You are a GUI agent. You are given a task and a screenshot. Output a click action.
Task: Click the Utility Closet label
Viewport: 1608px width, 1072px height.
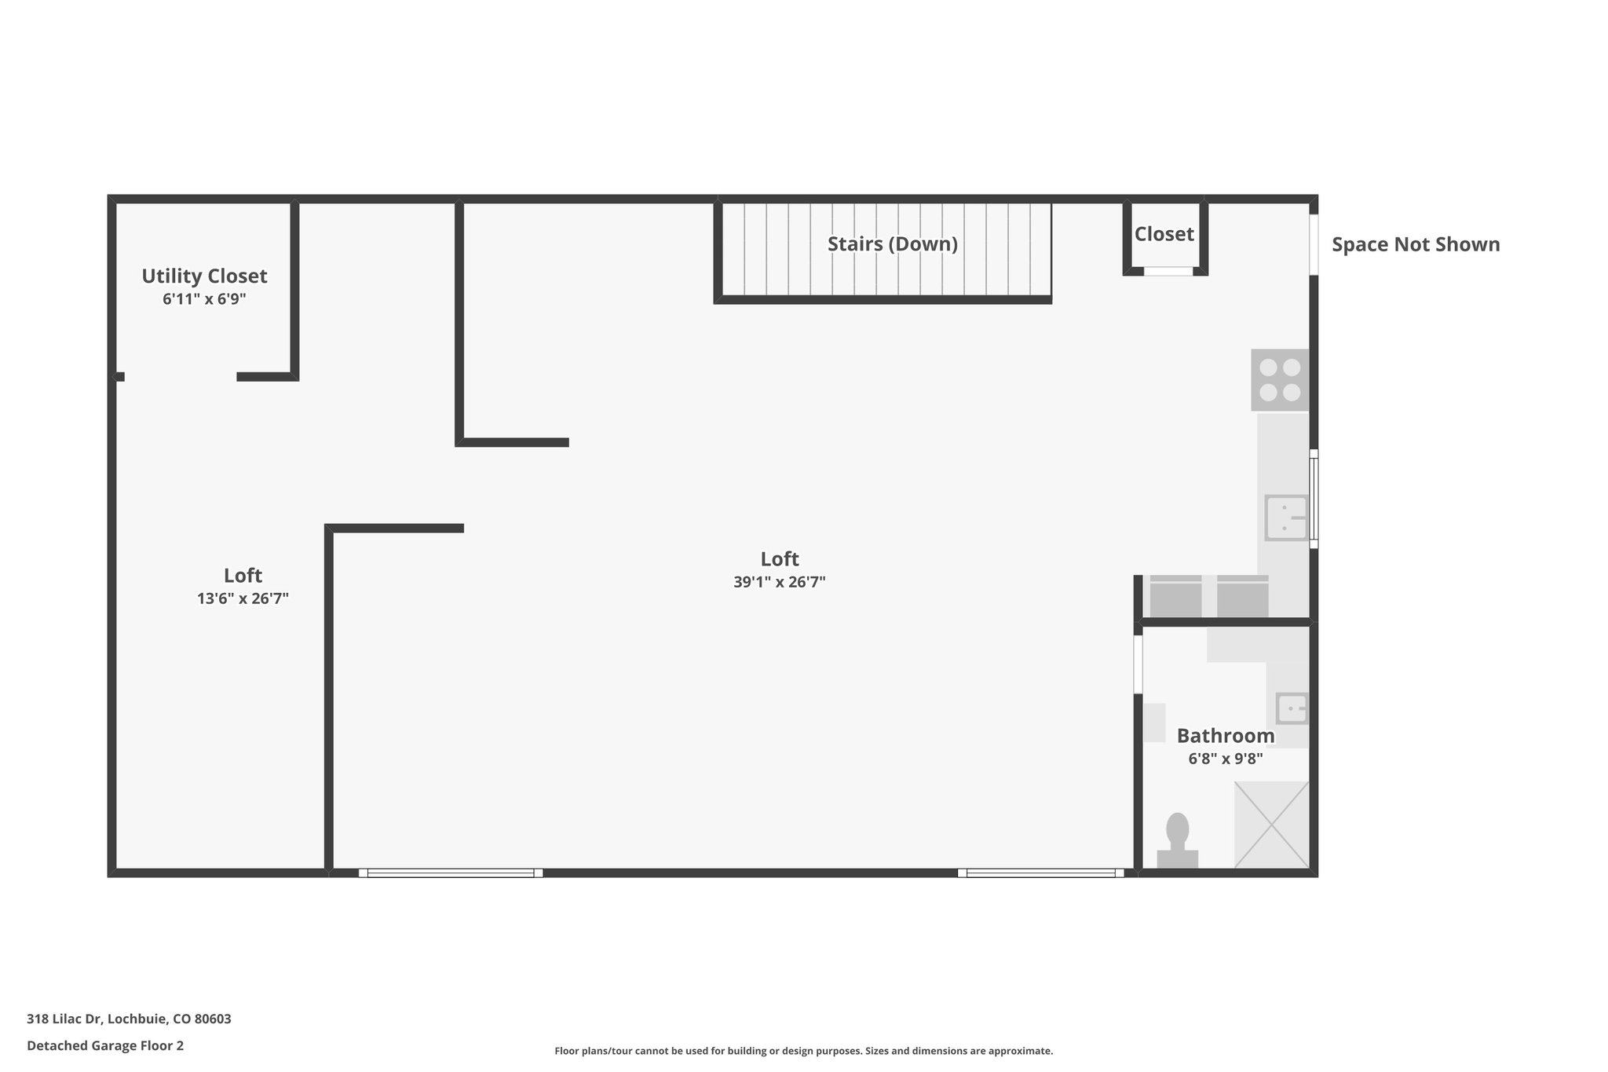click(x=204, y=276)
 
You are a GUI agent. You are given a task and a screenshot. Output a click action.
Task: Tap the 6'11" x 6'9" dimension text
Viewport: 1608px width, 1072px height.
click(x=204, y=299)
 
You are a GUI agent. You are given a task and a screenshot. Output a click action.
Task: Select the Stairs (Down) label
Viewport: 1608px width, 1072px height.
click(x=893, y=244)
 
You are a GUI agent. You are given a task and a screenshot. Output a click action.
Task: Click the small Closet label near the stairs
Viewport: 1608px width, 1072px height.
click(x=1164, y=234)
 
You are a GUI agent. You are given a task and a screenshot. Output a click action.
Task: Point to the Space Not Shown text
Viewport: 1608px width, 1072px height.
click(x=1416, y=245)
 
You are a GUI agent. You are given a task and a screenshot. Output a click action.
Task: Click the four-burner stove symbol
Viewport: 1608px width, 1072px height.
click(x=1280, y=379)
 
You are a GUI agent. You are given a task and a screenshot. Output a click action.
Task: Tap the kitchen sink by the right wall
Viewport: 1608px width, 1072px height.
click(x=1286, y=518)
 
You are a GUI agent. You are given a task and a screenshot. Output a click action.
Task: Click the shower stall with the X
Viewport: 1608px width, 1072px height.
click(x=1271, y=824)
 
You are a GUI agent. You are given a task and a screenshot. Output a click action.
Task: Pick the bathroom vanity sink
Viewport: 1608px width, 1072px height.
click(x=1292, y=708)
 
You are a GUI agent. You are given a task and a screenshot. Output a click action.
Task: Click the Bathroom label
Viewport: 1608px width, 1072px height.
click(x=1225, y=737)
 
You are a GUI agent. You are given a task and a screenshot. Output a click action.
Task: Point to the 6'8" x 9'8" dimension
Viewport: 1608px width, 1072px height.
click(x=1225, y=759)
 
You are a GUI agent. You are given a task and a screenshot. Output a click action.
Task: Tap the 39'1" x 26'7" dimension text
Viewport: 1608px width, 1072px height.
click(x=779, y=583)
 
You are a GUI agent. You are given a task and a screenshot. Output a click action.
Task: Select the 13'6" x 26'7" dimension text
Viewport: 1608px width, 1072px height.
click(x=243, y=599)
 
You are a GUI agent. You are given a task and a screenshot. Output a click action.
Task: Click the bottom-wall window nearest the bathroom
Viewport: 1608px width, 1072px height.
click(x=1040, y=873)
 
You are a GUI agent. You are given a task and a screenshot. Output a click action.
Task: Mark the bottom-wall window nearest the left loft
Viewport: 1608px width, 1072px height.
click(x=451, y=873)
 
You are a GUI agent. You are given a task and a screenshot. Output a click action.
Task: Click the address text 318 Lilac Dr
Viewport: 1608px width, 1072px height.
click(x=129, y=1019)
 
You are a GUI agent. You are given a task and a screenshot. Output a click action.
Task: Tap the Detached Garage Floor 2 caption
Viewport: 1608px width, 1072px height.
click(x=105, y=1046)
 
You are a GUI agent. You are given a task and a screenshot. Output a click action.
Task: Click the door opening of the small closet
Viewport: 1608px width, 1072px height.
click(x=1168, y=271)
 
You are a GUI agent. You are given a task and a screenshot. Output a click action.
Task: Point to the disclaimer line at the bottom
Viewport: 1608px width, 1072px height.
click(x=803, y=1051)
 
